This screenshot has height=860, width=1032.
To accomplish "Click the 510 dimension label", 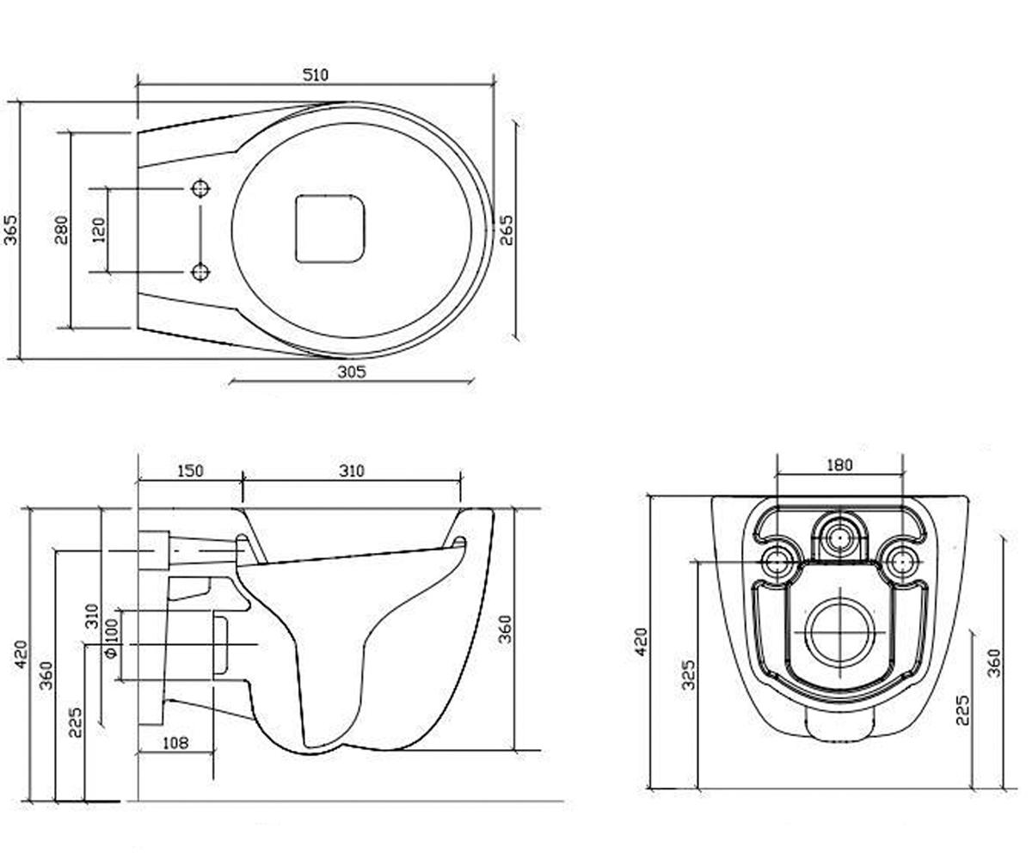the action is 315,75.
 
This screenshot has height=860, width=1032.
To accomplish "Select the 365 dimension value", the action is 10,230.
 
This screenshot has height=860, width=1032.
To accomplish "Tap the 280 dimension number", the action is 61,230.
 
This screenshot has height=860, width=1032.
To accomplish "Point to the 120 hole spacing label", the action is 99,230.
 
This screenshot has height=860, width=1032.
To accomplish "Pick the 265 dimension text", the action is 507,230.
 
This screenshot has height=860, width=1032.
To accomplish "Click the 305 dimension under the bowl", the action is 352,372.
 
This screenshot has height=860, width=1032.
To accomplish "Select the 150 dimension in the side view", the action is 190,470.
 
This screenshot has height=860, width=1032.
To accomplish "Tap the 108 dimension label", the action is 175,742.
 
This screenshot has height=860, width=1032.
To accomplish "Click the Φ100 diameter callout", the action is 112,638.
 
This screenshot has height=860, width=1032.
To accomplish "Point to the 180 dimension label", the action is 839,464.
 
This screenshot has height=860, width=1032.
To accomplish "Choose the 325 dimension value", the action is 688,674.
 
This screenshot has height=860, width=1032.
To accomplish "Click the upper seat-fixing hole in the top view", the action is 200,188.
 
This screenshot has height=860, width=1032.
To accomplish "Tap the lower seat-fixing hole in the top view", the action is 200,272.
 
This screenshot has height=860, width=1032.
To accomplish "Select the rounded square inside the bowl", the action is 329,229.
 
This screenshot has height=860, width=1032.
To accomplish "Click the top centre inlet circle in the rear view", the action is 839,536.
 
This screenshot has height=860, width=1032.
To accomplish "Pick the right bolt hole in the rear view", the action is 902,562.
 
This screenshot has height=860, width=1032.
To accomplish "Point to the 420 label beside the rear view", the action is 641,642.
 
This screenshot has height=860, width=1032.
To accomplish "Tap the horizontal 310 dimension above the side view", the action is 352,470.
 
